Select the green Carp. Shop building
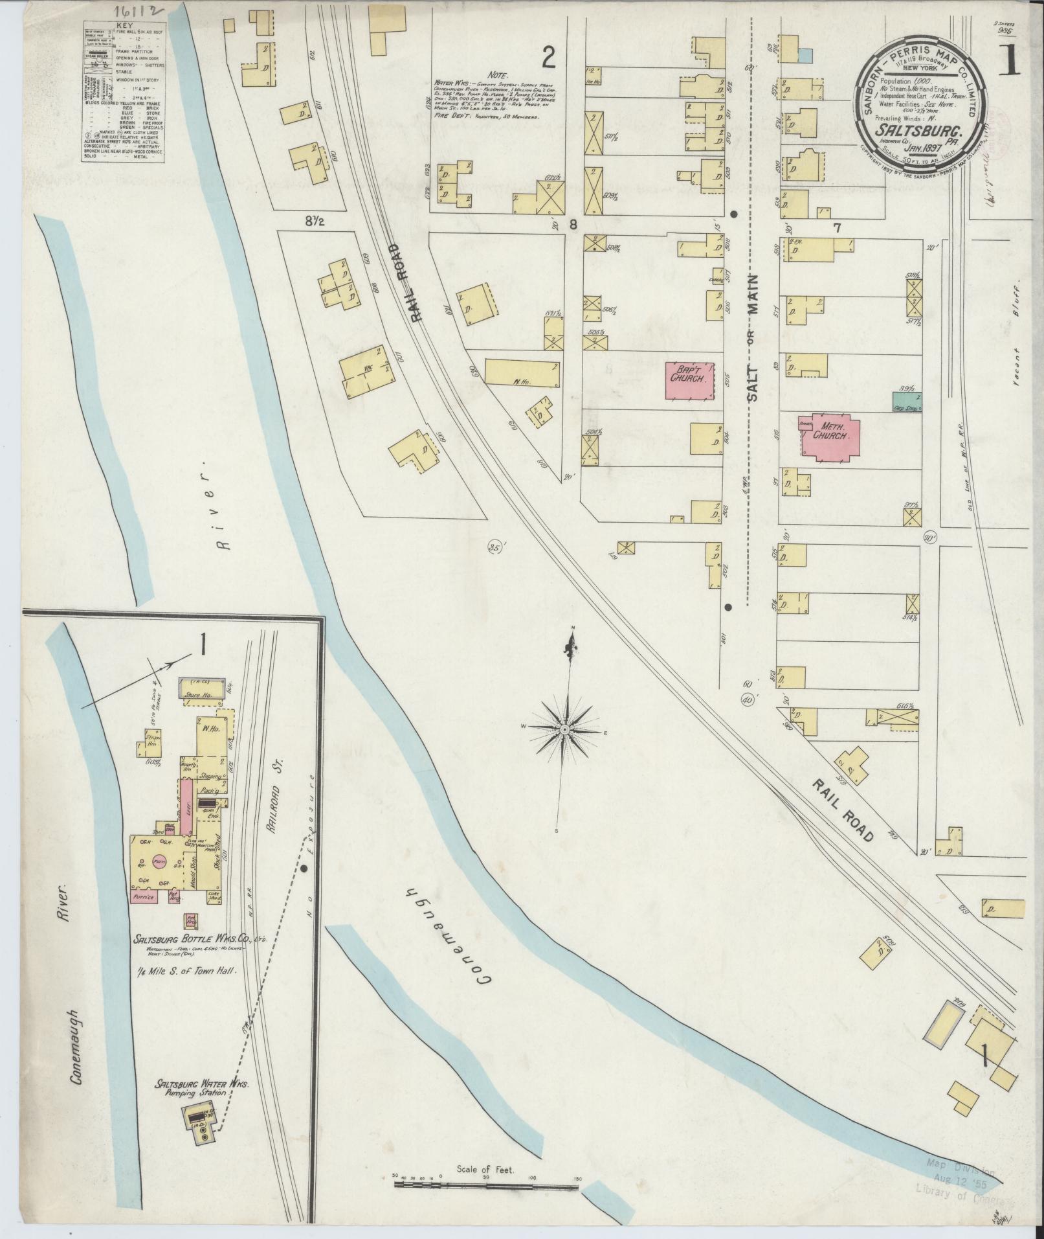907,402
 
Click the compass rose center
565,730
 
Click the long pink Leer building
186,806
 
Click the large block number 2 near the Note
548,60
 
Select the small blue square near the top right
805,56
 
